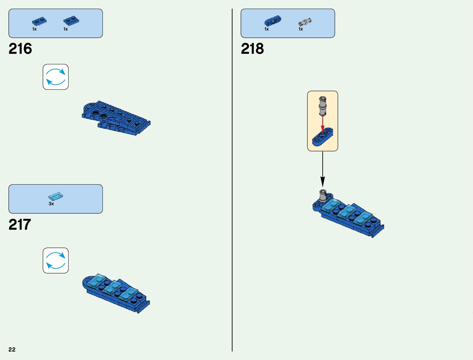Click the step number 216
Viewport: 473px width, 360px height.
20,49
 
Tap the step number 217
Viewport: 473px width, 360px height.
20,225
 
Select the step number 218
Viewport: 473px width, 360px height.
252,49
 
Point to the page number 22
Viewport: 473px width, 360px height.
12,349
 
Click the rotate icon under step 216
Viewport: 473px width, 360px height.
56,77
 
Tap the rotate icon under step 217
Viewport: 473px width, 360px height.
56,261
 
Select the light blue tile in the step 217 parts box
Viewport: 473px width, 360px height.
56,196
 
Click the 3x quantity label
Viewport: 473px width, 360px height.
51,204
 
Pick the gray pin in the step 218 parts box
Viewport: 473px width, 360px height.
305,22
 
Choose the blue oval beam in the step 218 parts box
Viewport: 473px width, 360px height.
273,21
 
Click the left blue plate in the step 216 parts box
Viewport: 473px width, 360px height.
39,22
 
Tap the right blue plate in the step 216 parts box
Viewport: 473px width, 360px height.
71,21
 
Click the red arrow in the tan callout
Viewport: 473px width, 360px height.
322,124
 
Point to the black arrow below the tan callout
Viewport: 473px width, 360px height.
322,169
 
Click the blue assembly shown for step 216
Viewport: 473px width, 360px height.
116,118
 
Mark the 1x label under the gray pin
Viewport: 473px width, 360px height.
301,29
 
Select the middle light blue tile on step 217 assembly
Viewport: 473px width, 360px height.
112,287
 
